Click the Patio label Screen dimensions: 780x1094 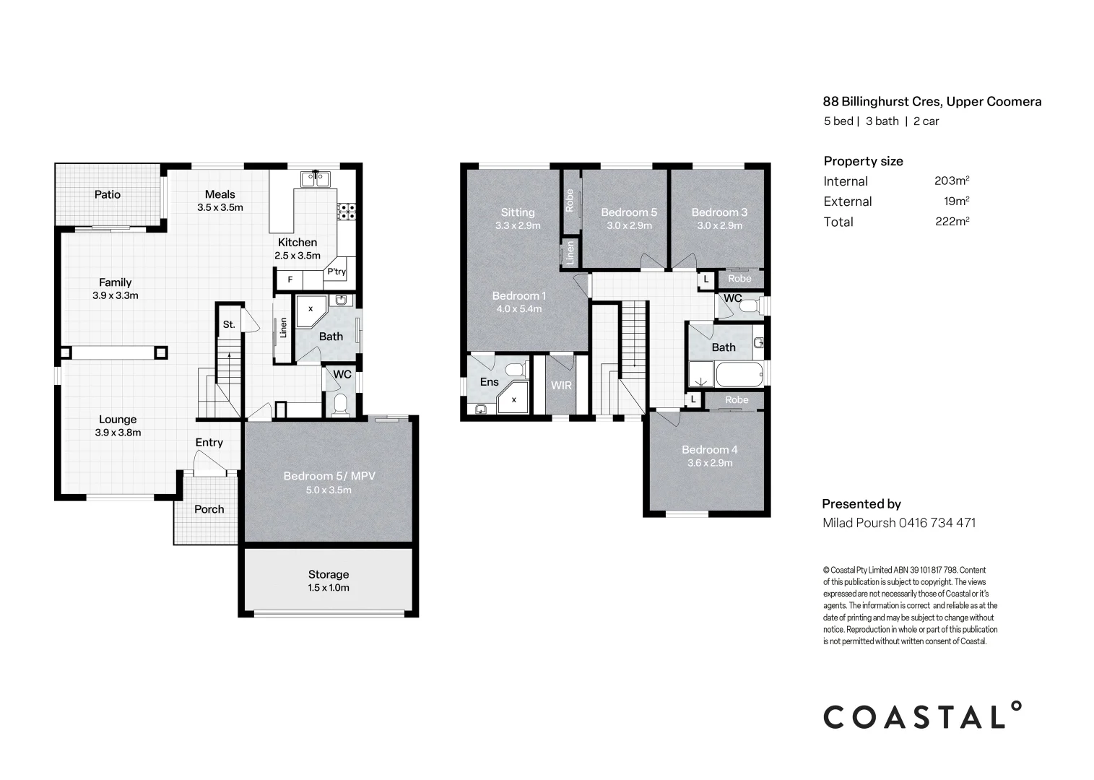point(108,194)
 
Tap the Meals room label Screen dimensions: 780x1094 point(220,194)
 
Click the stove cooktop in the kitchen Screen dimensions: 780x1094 point(347,211)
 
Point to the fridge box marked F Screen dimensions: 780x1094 point(290,279)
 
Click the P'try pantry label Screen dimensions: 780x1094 point(337,272)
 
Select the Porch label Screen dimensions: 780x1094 point(209,509)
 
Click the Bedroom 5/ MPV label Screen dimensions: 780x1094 point(329,476)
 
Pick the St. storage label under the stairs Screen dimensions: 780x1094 point(229,324)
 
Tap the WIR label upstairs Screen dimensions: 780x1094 point(561,386)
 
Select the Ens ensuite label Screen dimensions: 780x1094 point(489,381)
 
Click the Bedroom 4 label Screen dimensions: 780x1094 point(709,449)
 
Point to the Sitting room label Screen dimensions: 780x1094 point(518,212)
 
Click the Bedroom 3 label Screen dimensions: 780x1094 point(719,212)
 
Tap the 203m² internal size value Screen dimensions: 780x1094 point(951,181)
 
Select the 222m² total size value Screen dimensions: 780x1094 point(951,222)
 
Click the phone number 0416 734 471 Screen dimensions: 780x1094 point(937,523)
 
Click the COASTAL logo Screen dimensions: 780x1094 point(923,716)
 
